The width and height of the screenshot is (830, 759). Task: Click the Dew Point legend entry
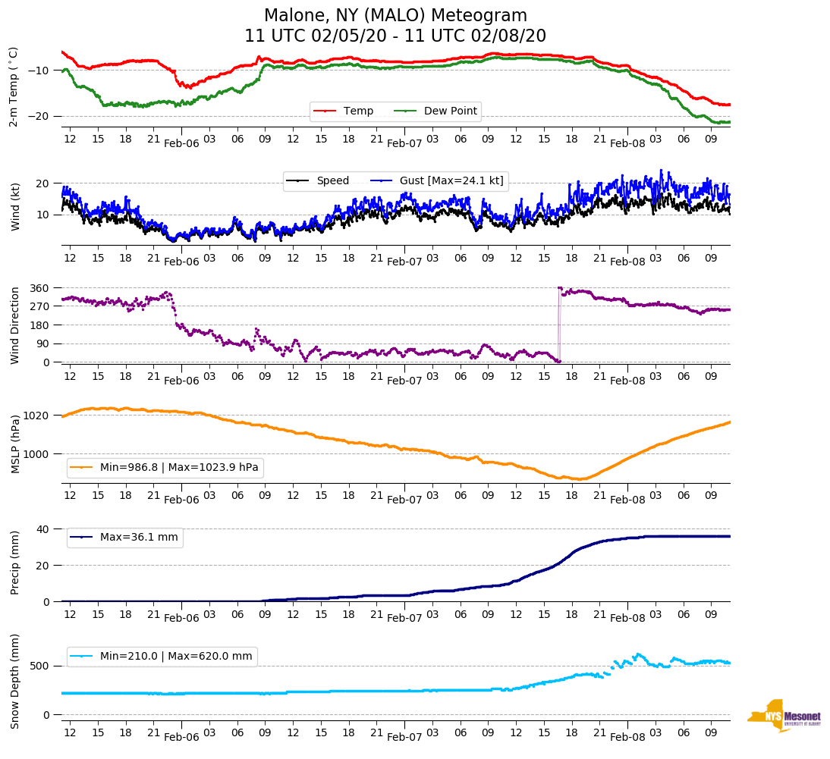450,111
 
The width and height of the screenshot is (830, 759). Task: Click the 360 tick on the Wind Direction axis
39,288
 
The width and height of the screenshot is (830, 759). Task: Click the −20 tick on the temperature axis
38,116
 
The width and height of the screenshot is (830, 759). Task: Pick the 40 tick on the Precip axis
43,528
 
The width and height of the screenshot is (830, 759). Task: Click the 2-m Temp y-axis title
14,86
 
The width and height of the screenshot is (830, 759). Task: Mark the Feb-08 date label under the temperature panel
627,143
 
